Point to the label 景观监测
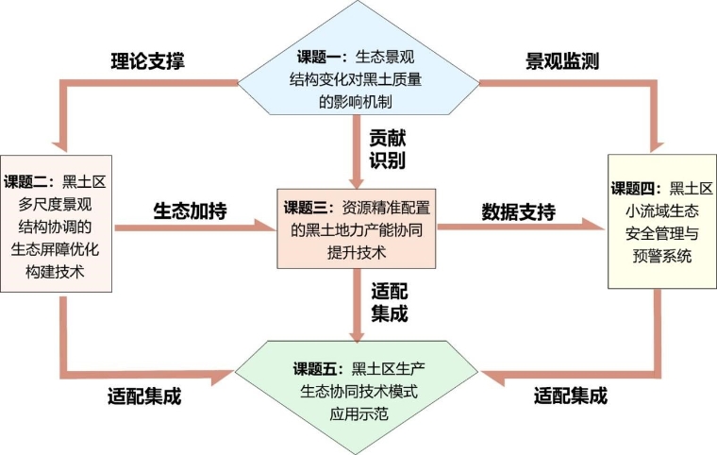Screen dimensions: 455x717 tap(563, 62)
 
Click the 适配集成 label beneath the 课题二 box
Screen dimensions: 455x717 tap(144, 395)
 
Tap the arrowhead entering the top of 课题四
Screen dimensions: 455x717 tap(654, 143)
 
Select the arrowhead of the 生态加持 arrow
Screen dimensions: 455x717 tap(266, 227)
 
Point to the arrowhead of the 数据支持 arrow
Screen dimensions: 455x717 tap(594, 227)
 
